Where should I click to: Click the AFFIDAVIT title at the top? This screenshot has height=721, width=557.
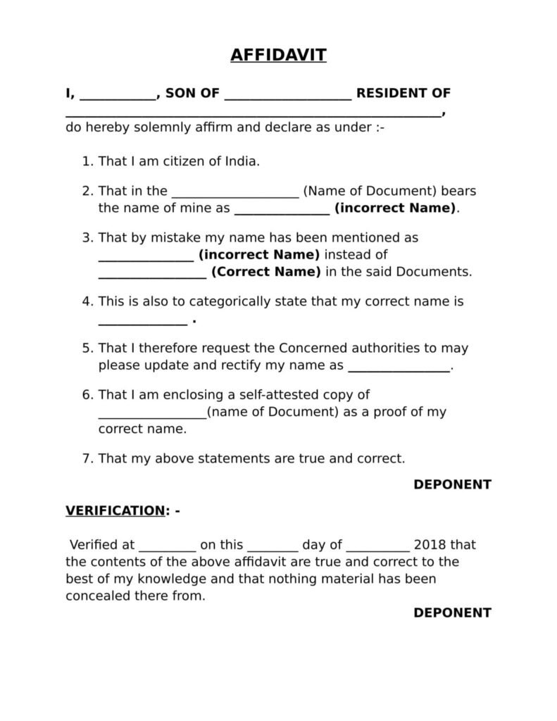[278, 55]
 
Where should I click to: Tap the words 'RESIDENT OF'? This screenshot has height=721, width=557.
[403, 93]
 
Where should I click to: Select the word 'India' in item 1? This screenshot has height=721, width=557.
[242, 161]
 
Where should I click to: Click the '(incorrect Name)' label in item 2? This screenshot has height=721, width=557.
[395, 208]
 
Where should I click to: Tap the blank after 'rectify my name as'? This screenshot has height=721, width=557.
[399, 367]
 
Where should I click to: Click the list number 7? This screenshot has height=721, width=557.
[87, 458]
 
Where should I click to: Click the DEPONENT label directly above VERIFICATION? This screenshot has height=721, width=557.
[452, 484]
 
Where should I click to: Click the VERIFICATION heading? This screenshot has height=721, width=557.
[115, 511]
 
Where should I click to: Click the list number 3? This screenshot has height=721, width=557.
[87, 238]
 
